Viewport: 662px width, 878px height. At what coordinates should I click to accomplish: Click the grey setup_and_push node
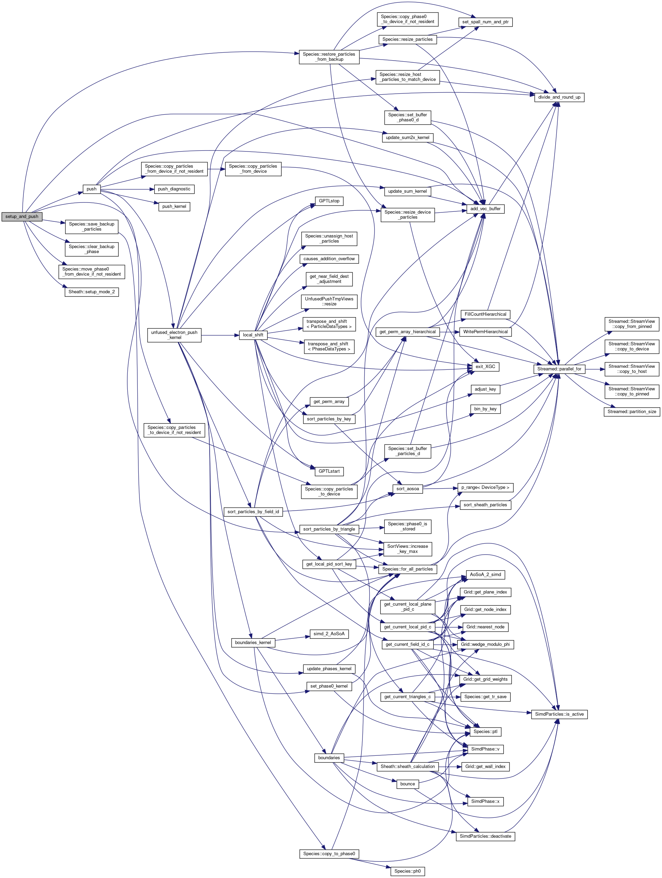point(22,217)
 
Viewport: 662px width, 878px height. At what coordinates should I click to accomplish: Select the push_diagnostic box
point(174,189)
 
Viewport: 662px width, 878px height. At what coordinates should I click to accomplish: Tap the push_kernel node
point(174,206)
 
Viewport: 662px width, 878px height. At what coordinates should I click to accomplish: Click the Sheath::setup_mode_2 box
point(91,292)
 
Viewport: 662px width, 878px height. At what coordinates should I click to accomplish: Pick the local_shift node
point(253,335)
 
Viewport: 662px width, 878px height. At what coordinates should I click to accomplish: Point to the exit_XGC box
point(485,367)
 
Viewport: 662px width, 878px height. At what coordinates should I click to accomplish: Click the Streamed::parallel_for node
point(559,369)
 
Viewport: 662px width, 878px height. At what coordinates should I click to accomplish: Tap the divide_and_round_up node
point(559,97)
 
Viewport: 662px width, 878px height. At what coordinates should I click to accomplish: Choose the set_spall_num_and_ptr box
point(485,22)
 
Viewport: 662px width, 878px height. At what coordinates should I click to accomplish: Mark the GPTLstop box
point(329,201)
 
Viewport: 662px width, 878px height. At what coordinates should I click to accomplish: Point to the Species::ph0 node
point(407,871)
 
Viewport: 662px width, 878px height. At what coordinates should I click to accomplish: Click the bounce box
point(407,784)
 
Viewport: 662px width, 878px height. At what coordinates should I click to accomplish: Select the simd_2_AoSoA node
point(329,634)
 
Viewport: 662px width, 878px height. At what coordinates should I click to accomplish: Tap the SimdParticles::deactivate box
point(485,836)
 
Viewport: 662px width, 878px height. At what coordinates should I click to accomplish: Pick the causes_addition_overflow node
point(329,259)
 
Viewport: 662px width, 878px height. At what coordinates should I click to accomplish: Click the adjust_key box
point(485,389)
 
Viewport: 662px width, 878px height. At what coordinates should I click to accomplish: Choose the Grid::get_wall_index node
point(485,766)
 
